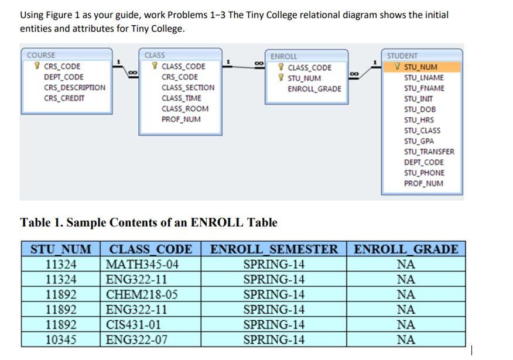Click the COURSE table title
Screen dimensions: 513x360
[41, 55]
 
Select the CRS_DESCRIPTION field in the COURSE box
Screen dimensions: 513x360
[74, 88]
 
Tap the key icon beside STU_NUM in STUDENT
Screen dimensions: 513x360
[397, 67]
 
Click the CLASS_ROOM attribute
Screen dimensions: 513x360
[185, 108]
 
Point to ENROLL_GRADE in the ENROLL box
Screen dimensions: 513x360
[314, 89]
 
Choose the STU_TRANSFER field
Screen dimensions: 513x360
[429, 152]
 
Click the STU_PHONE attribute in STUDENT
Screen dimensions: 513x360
[424, 173]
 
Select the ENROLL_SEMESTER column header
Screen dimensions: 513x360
[274, 249]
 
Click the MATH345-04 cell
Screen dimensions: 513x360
[142, 264]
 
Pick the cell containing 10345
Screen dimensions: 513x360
[61, 340]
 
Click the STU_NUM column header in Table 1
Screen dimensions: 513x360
[61, 249]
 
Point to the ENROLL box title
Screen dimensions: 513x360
[283, 56]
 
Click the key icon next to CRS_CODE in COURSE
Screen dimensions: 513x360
[37, 66]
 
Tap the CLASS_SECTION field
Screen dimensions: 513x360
[188, 88]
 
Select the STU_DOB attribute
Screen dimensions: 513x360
[420, 109]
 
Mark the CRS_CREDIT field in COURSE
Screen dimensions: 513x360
[64, 98]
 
